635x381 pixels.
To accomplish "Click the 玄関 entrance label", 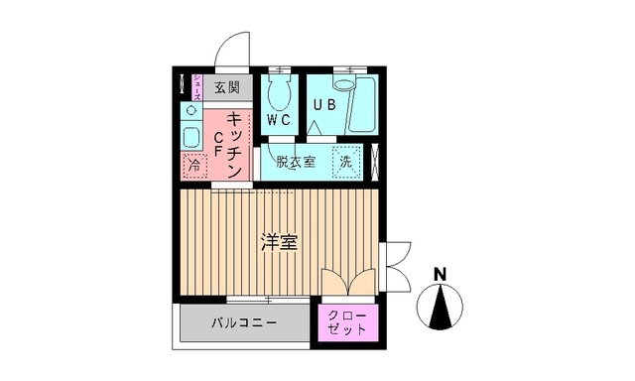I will (x=227, y=87).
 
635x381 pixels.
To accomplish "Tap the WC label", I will (x=278, y=120).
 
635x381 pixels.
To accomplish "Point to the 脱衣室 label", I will (x=296, y=161).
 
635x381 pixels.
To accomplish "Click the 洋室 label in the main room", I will (x=280, y=241).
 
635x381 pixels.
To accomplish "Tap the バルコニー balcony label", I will (x=244, y=323).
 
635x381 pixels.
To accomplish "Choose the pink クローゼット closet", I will (x=346, y=322).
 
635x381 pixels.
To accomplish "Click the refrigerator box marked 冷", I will (x=193, y=165).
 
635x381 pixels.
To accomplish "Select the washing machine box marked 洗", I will (x=346, y=162).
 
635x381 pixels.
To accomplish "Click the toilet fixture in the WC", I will (x=279, y=93).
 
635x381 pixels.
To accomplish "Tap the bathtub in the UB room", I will (x=362, y=105).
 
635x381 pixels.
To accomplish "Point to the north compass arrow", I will (x=441, y=307).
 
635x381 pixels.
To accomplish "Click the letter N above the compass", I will (x=441, y=274).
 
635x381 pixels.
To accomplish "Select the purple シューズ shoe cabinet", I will (x=197, y=86).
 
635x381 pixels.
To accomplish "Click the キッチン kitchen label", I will (x=236, y=144).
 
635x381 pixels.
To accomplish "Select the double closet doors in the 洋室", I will (x=348, y=281).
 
